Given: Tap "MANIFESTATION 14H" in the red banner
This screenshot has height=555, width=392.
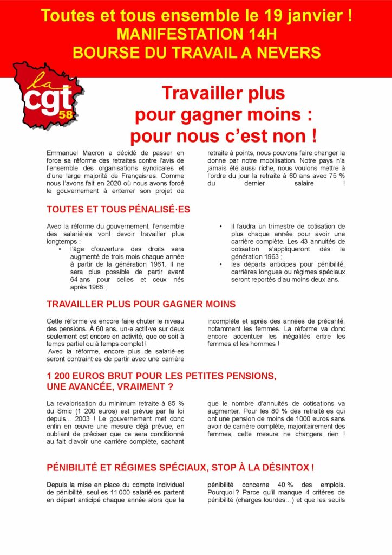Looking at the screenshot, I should click(x=196, y=34).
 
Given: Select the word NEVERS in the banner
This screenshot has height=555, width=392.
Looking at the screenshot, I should click(x=294, y=53).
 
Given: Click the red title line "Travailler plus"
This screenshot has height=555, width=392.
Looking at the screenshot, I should click(x=223, y=93).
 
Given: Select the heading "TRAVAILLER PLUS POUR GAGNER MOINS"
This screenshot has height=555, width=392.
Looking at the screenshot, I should click(x=141, y=305).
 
